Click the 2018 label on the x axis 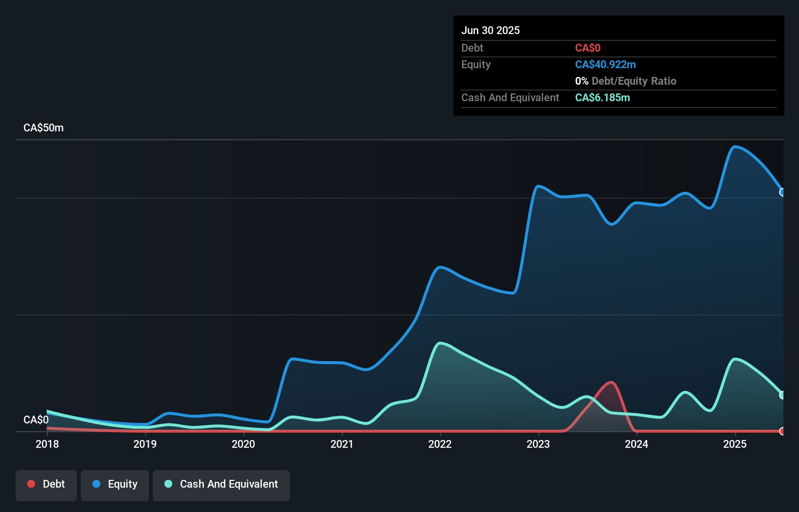[47, 444]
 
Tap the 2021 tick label [342, 444]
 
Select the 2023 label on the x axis [538, 444]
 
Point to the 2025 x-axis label [734, 444]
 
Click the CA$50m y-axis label [43, 128]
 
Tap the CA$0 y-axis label [36, 420]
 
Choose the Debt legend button [46, 484]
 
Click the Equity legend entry [115, 484]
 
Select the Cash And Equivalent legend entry [221, 484]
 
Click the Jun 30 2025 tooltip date [490, 30]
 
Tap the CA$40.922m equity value [605, 65]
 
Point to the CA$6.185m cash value [602, 98]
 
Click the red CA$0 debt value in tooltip [588, 48]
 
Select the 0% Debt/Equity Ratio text [626, 81]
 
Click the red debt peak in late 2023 [611, 383]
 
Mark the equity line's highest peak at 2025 [735, 146]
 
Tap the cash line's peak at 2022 [440, 344]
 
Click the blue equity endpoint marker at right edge [782, 192]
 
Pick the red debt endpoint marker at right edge [782, 431]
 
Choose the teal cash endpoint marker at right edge [782, 395]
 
